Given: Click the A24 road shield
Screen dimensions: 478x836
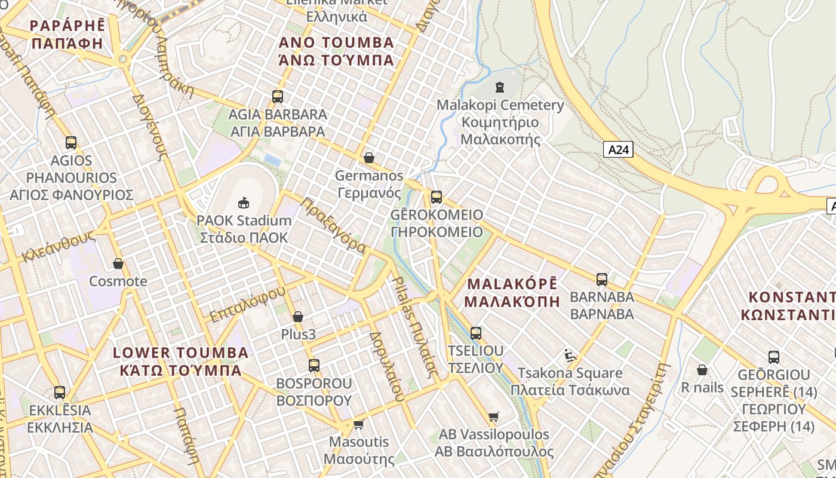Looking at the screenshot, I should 617,149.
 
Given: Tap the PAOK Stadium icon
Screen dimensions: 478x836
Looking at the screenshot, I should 244,203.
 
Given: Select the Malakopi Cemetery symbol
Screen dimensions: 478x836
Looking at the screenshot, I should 500,87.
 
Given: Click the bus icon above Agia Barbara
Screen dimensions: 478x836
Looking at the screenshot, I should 278,96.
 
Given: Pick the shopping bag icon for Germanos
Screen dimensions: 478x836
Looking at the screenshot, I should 369,158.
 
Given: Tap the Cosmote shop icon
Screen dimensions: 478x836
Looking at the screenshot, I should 118,263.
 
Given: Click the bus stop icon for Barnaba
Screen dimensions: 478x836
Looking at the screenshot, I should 602,279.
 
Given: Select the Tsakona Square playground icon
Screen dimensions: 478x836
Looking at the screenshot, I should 570,356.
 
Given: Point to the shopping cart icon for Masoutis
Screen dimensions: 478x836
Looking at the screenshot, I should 358,424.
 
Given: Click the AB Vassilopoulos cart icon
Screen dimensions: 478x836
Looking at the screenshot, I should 493,416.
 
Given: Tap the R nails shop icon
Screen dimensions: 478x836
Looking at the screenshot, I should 702,370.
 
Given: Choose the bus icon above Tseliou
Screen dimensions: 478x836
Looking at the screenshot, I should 476,333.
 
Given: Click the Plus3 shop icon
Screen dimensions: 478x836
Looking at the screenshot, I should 298,317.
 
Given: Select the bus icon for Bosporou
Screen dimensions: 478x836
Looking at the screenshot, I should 314,365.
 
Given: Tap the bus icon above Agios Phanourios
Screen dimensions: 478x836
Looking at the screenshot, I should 71,143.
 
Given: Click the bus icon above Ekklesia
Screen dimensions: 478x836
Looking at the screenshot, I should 60,393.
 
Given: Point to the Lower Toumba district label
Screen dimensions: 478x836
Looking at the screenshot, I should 180,361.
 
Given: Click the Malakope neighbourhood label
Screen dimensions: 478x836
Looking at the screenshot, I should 512,292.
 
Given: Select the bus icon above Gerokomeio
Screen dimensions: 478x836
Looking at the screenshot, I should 437,197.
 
